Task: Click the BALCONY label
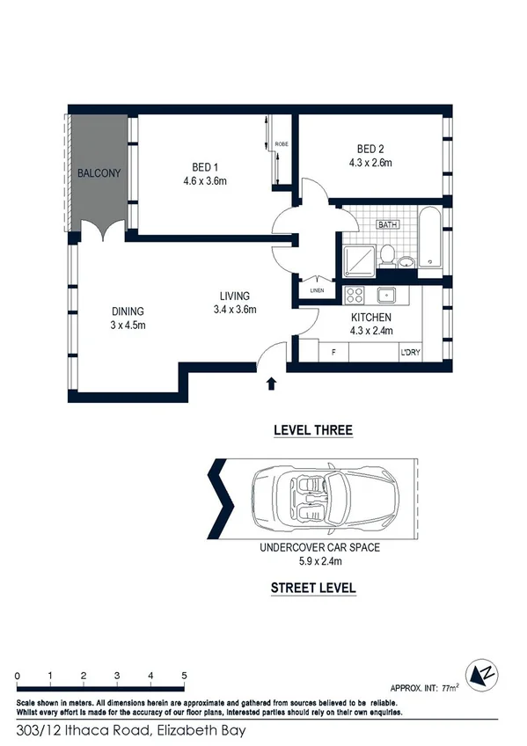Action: click(99, 173)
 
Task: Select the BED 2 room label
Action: click(370, 148)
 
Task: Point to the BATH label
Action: click(388, 225)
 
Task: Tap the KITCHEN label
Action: click(370, 317)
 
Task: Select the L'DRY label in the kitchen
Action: click(410, 353)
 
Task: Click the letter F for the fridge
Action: click(333, 353)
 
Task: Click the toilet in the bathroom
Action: click(387, 256)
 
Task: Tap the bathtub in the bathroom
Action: click(430, 238)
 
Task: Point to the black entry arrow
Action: click(271, 383)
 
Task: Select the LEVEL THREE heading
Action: click(313, 430)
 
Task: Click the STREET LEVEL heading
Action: click(313, 588)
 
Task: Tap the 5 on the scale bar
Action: click(185, 675)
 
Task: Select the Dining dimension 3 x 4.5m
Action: click(128, 325)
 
